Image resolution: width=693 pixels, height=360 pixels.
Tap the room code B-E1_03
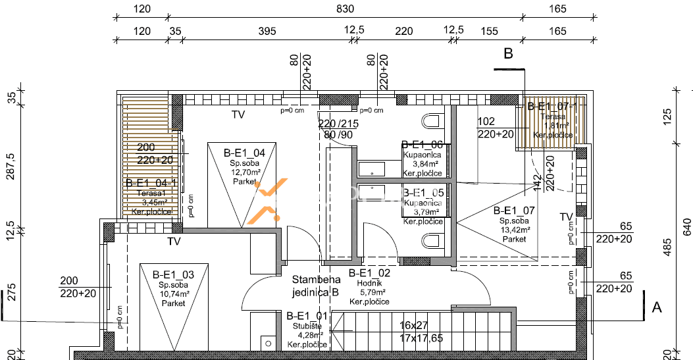click(173, 274)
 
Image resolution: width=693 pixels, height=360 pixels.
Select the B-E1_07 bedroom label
click(514, 211)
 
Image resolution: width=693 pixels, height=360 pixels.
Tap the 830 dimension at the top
click(345, 9)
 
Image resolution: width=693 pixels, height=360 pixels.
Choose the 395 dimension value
click(265, 30)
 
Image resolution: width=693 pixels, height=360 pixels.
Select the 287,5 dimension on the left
click(10, 168)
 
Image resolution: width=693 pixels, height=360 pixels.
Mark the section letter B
click(508, 55)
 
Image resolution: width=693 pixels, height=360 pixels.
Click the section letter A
click(655, 306)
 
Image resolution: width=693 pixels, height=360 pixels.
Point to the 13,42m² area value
click(515, 230)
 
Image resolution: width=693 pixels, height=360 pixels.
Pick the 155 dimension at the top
click(489, 30)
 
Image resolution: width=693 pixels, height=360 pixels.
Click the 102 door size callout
click(486, 121)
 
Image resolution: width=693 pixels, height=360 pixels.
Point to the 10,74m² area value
click(172, 294)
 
